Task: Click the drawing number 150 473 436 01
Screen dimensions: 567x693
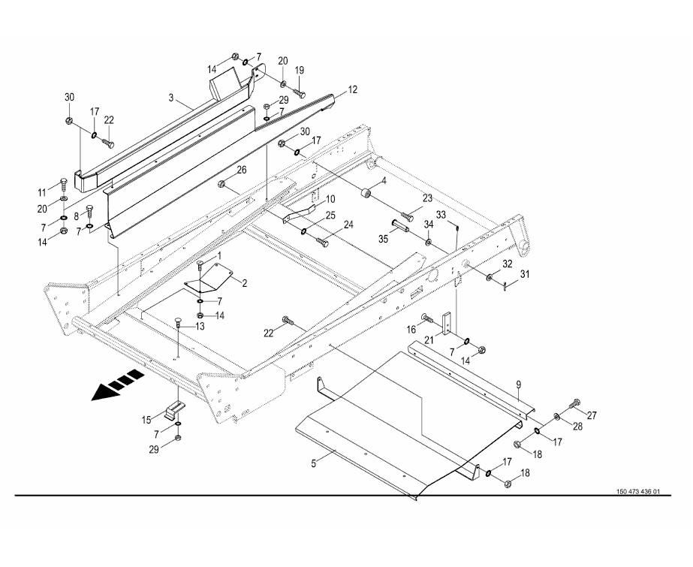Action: pos(637,492)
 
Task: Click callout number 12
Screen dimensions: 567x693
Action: pos(352,89)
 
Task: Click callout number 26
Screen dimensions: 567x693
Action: pos(242,170)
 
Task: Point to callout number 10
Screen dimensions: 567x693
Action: pos(330,200)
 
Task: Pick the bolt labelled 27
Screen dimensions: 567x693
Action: pos(576,405)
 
